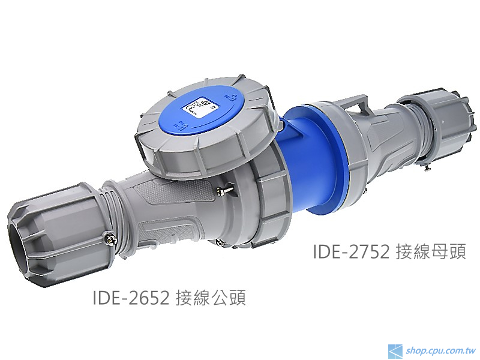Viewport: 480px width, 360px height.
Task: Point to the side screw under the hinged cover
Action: [x=221, y=191]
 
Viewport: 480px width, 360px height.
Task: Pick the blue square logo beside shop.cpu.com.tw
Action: [x=395, y=350]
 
